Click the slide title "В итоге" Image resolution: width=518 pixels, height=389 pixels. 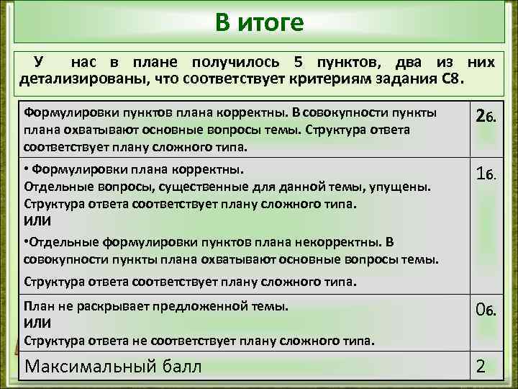coord(259,23)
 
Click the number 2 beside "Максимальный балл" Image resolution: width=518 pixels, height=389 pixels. coord(481,367)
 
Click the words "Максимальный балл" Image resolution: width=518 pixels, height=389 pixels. coord(113,366)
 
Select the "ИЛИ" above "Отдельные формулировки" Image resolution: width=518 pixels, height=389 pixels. coord(37,220)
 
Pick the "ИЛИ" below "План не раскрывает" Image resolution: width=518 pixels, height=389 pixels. coord(37,322)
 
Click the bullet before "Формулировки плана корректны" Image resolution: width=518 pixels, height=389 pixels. coord(27,170)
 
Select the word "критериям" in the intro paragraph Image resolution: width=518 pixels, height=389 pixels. coord(347,78)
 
